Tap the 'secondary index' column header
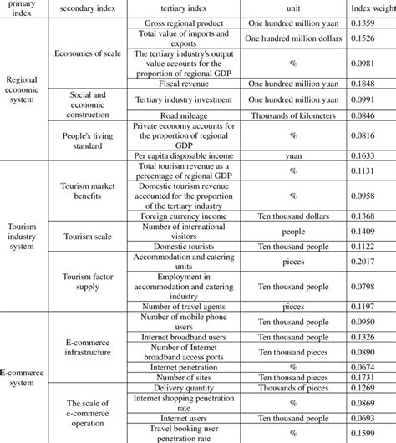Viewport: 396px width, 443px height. (x=84, y=7)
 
